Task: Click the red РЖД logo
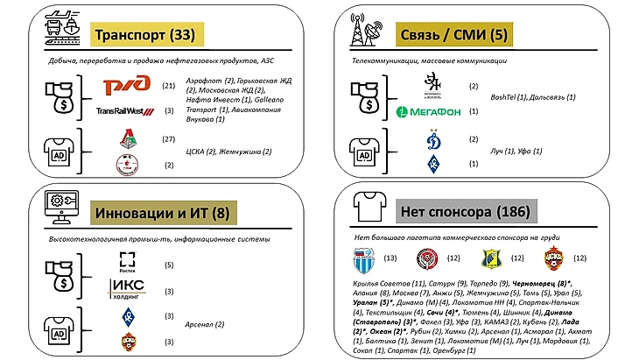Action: [x=127, y=86]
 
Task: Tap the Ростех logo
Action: [x=128, y=260]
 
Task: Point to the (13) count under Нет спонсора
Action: [x=390, y=258]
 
